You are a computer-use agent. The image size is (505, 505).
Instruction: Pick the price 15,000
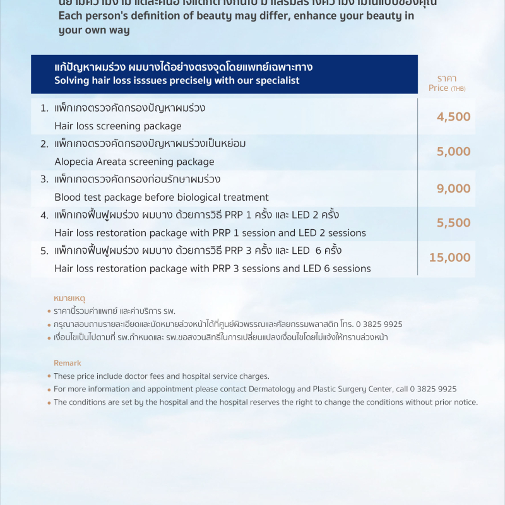tap(449, 258)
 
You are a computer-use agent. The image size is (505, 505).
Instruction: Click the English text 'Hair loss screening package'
tap(118, 126)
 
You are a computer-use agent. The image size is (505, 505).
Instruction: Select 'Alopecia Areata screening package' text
tap(134, 162)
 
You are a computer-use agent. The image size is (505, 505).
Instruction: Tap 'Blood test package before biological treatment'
tap(162, 197)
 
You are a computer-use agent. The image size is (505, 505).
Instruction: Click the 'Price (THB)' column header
tap(446, 84)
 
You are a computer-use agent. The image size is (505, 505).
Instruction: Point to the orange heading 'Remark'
tap(68, 363)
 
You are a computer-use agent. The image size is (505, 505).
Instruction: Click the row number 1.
tap(44, 108)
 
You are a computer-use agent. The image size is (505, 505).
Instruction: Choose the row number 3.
tap(44, 179)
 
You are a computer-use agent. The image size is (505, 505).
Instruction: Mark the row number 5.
tap(44, 251)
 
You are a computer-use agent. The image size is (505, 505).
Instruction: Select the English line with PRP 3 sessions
tap(212, 268)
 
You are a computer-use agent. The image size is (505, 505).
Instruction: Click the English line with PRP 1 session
tap(210, 233)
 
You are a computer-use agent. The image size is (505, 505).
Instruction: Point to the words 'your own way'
tap(94, 30)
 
